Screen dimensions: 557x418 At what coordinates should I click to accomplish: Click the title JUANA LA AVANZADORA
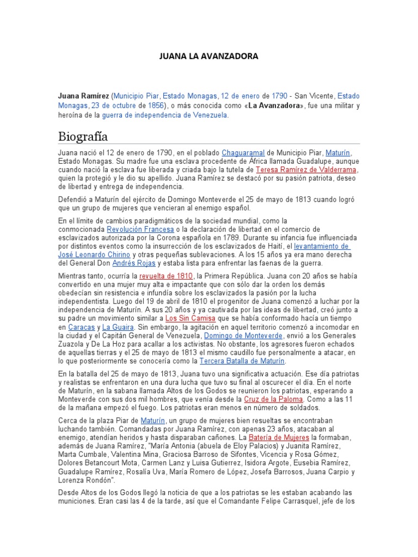tap(208, 56)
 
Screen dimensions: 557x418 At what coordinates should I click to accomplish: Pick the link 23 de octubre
tap(113, 105)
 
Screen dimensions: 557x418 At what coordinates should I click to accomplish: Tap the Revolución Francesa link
tap(137, 230)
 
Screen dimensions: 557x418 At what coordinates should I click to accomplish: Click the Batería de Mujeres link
tap(279, 437)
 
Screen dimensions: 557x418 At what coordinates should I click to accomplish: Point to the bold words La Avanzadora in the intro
tap(275, 105)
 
